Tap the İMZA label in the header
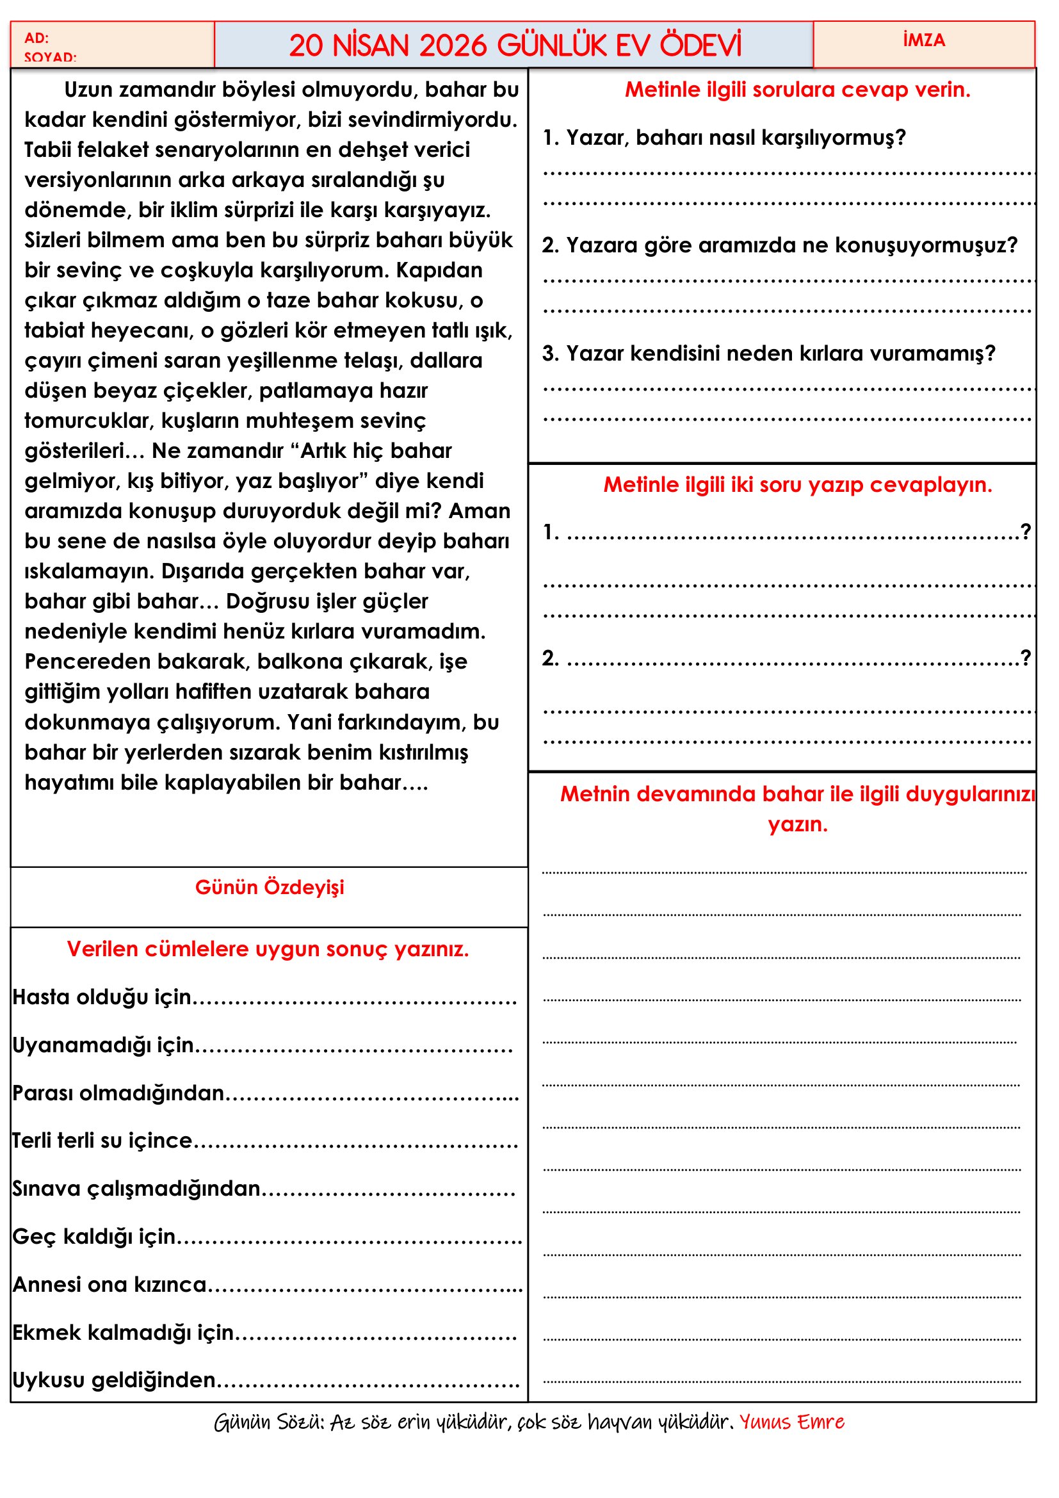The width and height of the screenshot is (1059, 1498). [923, 40]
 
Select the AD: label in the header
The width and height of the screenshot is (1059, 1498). [36, 38]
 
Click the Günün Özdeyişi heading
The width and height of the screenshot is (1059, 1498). [270, 887]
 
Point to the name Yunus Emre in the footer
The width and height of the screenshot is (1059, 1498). [791, 1422]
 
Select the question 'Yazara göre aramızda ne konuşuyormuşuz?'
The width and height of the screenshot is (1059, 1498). [779, 245]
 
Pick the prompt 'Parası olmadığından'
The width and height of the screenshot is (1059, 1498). [118, 1093]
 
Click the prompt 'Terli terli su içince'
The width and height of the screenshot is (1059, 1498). [103, 1141]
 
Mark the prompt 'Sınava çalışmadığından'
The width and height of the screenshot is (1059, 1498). [137, 1189]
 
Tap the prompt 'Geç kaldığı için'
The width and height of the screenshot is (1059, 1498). [95, 1236]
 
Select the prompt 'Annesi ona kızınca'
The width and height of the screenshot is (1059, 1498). [109, 1285]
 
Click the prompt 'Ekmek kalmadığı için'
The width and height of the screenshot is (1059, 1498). [124, 1332]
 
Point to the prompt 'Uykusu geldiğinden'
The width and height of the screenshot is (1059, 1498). [115, 1381]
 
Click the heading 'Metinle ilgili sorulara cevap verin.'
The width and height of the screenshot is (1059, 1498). [798, 90]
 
